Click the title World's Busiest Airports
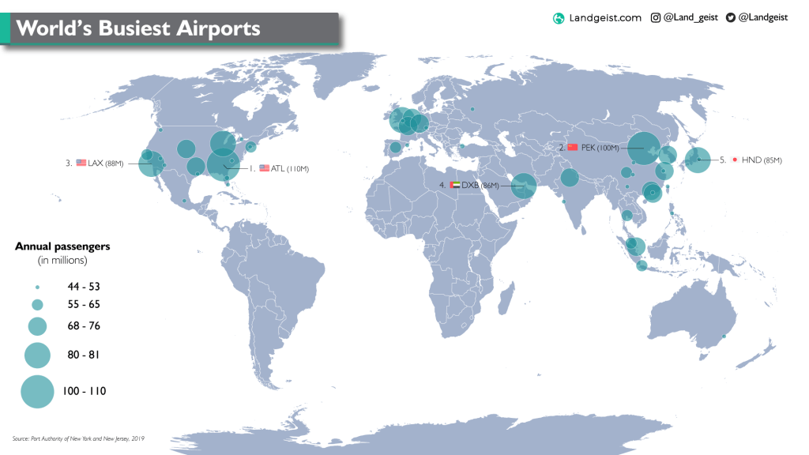coord(138,28)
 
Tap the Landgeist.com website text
coord(605,18)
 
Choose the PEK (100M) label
coord(600,148)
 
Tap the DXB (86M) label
coord(481,185)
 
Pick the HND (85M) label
coord(762,160)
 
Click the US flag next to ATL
coord(265,168)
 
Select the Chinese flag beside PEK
coord(573,148)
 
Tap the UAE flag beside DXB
coord(454,185)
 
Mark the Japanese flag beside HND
coord(735,160)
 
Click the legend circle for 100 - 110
coord(36,392)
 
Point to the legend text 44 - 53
coord(84,287)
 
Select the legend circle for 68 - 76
coord(37,326)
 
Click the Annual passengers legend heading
coord(62,246)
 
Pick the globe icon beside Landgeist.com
coord(559,18)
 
